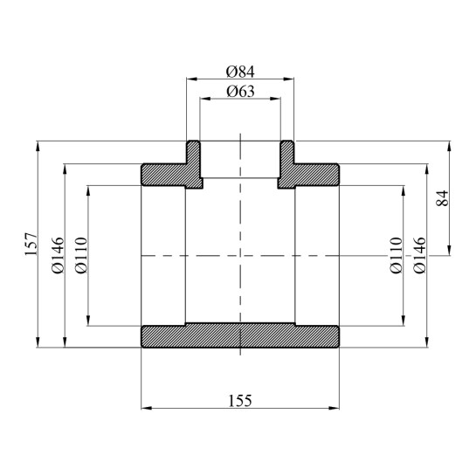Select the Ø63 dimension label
coord(239,91)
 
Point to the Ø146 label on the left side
coord(58,255)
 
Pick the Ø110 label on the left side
coord(80,255)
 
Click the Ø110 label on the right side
coord(396,255)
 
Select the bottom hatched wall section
coord(240,336)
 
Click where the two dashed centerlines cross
coord(239,256)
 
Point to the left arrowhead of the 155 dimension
coord(146,408)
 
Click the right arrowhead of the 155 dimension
coord(335,408)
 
